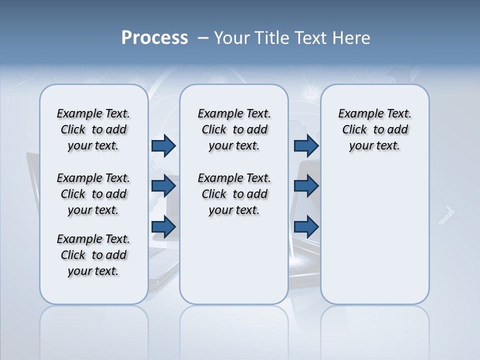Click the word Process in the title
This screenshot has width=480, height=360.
154,38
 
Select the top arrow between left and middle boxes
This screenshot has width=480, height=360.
163,145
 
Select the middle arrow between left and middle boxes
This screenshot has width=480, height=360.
163,186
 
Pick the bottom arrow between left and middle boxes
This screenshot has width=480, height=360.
163,226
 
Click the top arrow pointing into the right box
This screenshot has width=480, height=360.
306,145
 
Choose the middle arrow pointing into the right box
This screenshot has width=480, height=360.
306,186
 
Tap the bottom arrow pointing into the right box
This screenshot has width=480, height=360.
306,226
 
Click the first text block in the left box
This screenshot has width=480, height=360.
93,129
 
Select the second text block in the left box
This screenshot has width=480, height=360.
93,194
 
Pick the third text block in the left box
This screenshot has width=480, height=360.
93,255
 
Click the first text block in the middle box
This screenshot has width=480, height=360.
234,129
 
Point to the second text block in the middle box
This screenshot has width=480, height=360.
234,194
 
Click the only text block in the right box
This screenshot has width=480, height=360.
374,129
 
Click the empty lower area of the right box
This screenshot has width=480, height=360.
374,235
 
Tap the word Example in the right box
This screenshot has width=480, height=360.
356,114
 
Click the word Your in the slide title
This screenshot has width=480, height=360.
232,38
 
